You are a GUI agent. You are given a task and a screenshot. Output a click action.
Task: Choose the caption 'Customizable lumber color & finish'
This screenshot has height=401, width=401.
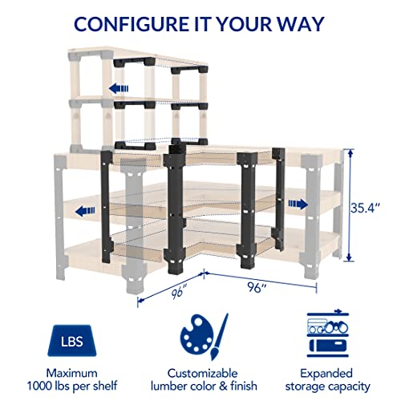click(x=200, y=380)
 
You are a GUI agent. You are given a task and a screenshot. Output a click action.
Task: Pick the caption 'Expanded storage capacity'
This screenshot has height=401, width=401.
click(x=329, y=380)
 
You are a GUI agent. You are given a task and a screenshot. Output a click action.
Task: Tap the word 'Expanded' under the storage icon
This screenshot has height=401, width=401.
click(x=329, y=373)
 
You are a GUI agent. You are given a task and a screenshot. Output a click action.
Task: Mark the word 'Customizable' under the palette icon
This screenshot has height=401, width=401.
click(x=200, y=373)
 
